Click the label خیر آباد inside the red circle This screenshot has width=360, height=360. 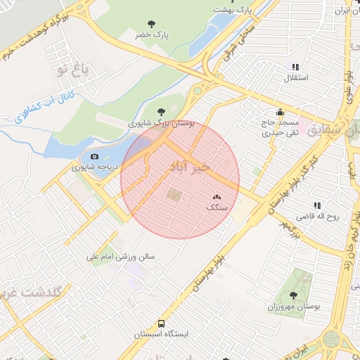[189, 168]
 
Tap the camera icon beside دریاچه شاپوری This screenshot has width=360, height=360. [95, 157]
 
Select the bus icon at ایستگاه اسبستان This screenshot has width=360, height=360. [162, 324]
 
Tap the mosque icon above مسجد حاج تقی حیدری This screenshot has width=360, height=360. [280, 111]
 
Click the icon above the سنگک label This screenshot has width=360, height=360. [216, 198]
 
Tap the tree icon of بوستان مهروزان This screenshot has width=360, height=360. [293, 295]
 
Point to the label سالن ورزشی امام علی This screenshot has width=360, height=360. [120, 257]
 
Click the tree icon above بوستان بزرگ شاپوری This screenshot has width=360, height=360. [162, 111]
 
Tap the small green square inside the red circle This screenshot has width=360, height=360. [173, 194]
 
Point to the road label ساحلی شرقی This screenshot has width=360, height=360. [238, 50]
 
